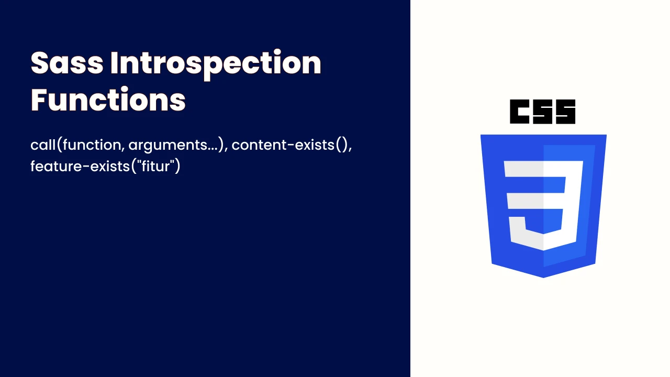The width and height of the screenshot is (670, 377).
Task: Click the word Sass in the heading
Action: tap(67, 63)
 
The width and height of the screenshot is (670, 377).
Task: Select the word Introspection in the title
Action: tap(216, 64)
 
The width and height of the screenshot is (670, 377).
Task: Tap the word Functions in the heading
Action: tap(108, 99)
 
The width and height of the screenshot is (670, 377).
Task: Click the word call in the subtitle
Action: tap(43, 145)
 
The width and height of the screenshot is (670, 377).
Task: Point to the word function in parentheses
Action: tap(92, 145)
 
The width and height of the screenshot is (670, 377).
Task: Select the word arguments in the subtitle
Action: tap(167, 146)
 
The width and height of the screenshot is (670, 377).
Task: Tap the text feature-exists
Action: tap(80, 166)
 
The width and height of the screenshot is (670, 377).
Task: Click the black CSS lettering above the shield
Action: tap(543, 112)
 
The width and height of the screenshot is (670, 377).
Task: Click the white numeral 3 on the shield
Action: tap(543, 205)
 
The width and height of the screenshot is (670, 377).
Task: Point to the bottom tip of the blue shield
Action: tap(543, 278)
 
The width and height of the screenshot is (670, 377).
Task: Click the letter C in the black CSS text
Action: tap(520, 112)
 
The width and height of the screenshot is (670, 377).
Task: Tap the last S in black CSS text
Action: tap(566, 112)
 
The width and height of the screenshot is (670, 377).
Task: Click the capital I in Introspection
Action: tap(114, 63)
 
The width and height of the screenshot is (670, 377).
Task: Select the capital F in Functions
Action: tap(39, 99)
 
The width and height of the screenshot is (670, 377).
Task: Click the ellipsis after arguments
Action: tap(212, 149)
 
